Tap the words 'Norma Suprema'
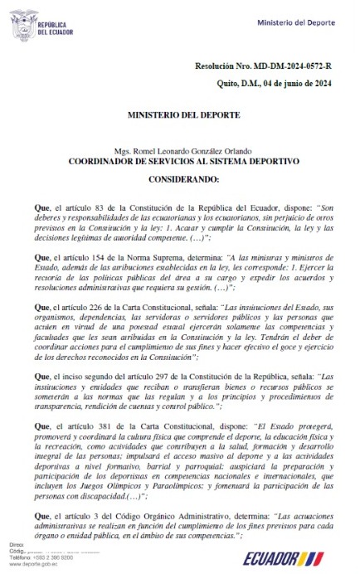(144, 259)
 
